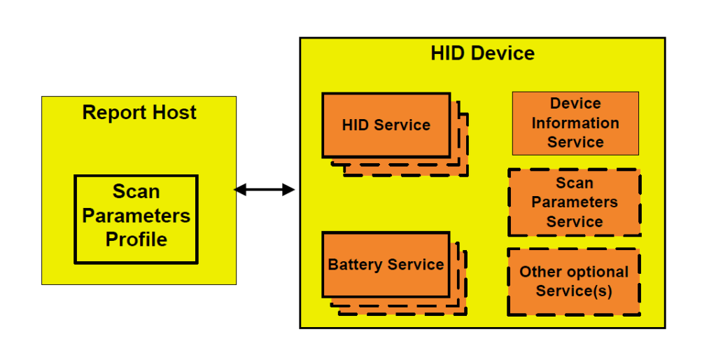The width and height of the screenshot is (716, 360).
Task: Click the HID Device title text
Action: (x=482, y=53)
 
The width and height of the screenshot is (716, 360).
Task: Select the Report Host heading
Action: (x=139, y=113)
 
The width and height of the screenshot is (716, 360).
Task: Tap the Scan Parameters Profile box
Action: (x=136, y=219)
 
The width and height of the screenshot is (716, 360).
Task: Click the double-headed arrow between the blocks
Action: (x=264, y=190)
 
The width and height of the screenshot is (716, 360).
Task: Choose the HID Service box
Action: (x=386, y=125)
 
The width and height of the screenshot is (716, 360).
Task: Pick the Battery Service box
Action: (x=386, y=265)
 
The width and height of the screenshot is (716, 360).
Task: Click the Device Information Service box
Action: (x=575, y=123)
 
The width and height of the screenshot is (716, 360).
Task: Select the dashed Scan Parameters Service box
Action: (x=574, y=202)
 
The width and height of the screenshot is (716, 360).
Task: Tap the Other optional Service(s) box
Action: (x=574, y=282)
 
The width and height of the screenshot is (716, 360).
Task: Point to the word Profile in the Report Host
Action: (x=136, y=240)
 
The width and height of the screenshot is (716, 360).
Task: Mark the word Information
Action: (x=575, y=123)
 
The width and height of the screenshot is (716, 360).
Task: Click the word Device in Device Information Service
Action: (x=575, y=104)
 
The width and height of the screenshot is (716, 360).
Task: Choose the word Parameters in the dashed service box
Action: (x=574, y=202)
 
